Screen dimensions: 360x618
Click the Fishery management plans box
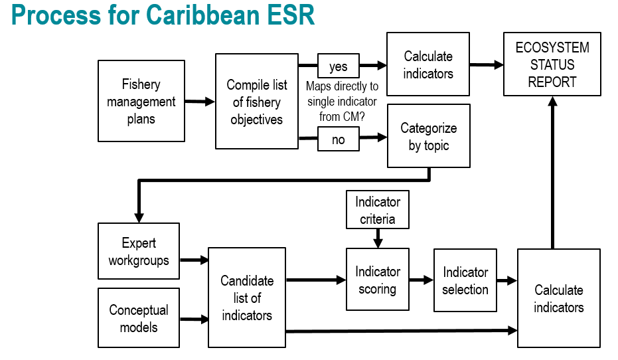coord(141,101)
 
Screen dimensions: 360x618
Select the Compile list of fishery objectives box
coord(256,102)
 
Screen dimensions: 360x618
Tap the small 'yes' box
coord(338,66)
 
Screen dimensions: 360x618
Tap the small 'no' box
coord(338,139)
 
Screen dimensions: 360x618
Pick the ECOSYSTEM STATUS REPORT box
coord(552,64)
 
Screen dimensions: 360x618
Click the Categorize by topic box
coord(428,136)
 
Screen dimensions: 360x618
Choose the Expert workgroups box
coord(139,252)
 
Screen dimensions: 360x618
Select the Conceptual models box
coord(139,318)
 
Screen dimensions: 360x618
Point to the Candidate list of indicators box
coord(247,298)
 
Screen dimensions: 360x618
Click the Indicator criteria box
coord(377,209)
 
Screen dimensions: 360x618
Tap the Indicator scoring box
coord(377,280)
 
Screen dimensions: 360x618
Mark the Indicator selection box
coord(465,280)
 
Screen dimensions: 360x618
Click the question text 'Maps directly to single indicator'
coord(342,94)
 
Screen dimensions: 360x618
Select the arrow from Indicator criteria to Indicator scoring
coord(377,238)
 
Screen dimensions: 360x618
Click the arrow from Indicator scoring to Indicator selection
coord(422,280)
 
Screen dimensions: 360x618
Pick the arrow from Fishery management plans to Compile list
coord(200,102)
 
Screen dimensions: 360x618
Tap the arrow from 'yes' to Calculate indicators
coord(373,66)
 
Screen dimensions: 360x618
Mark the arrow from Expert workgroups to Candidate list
coord(194,260)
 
